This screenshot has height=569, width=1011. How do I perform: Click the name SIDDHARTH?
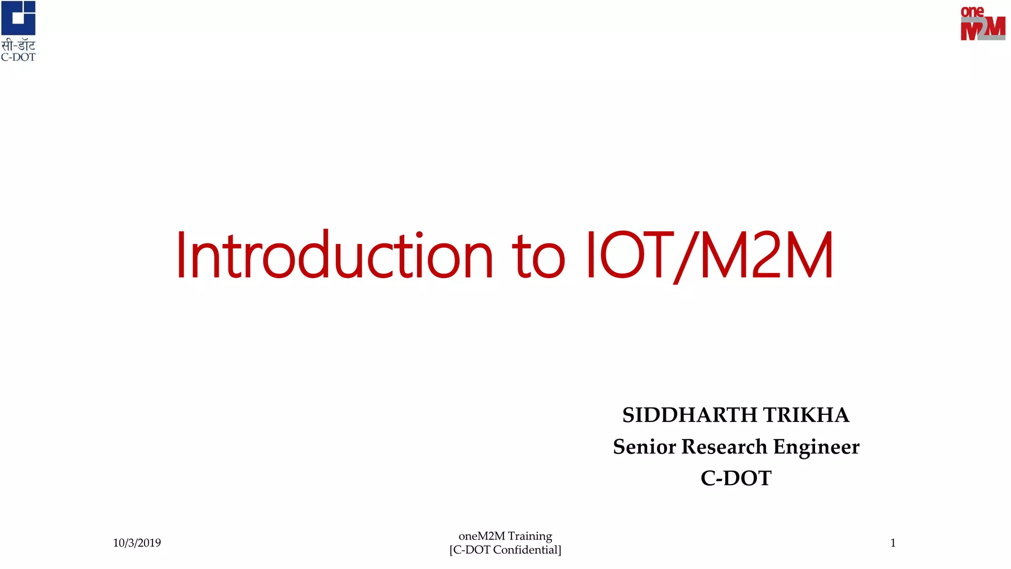(x=689, y=415)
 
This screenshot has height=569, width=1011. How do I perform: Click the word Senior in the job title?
(x=644, y=447)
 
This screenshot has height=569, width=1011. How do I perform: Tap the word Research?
(x=724, y=447)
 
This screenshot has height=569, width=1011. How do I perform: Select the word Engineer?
(x=816, y=447)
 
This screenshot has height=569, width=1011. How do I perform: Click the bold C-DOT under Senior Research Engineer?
(x=736, y=478)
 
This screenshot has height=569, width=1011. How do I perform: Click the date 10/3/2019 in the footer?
(x=137, y=543)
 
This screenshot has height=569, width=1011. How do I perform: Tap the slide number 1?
(x=893, y=543)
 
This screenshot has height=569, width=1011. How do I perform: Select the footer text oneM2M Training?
(x=505, y=536)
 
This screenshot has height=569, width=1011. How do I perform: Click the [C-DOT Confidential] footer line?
(x=505, y=550)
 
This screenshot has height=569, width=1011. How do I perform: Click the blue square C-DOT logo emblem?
(x=18, y=18)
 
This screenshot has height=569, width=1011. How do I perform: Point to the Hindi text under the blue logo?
(x=18, y=46)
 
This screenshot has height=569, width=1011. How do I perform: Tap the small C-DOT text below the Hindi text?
(x=18, y=57)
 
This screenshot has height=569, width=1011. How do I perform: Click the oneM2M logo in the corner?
(x=982, y=23)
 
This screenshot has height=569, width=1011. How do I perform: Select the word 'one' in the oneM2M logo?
(x=972, y=11)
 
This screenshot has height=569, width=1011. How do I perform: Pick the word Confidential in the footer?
(x=526, y=550)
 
